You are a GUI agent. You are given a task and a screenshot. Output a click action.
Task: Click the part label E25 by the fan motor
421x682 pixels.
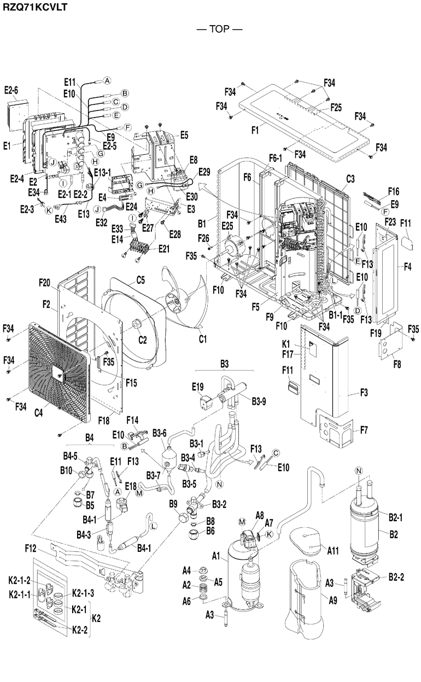(227, 225)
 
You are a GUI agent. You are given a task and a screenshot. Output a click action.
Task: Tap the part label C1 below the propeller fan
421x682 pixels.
(202, 340)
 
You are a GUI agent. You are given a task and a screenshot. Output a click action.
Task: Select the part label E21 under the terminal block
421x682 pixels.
(163, 249)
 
